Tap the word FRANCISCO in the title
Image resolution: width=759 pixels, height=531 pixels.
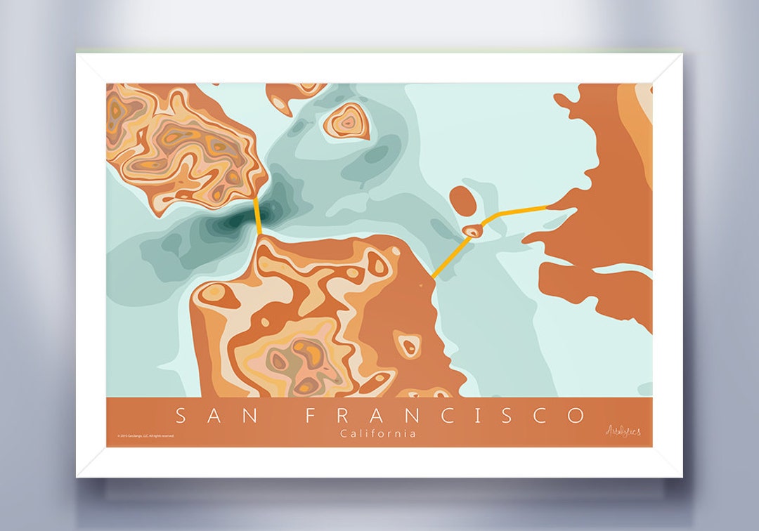click(x=445, y=416)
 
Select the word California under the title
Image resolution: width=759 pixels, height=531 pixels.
click(x=378, y=433)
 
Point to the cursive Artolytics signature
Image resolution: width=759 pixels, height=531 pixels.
click(x=623, y=431)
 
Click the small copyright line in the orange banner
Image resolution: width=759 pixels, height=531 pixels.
click(x=145, y=436)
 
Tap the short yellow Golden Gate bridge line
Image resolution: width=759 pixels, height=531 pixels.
click(x=258, y=218)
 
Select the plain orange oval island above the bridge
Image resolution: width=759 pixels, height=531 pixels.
click(x=461, y=200)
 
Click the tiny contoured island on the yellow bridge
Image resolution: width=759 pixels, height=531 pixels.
click(x=473, y=230)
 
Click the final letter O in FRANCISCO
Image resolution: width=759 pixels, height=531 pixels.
click(x=576, y=416)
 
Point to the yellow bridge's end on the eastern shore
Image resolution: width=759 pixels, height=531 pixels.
click(x=547, y=206)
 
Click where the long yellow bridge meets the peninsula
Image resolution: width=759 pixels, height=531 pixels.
click(x=432, y=277)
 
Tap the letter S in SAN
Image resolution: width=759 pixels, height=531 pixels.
click(x=181, y=416)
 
